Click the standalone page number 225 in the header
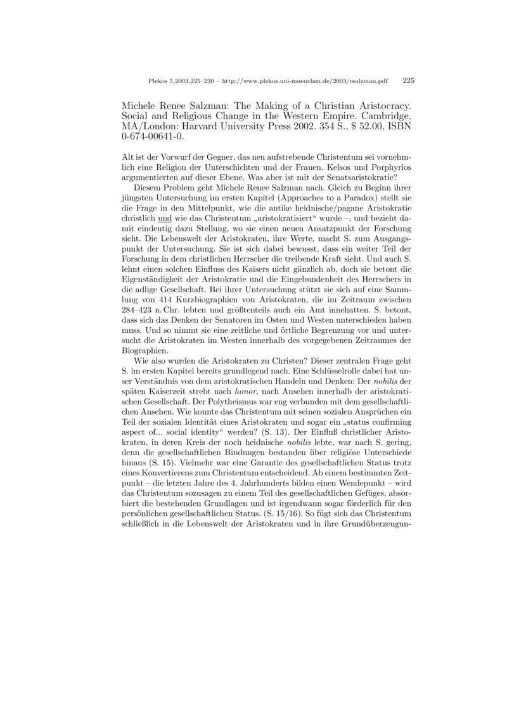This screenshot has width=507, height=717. point(408,81)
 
